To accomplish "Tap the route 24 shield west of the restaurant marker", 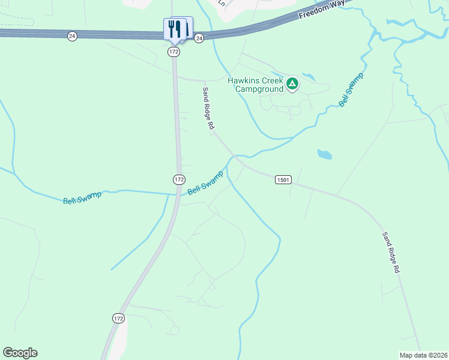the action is [72, 36].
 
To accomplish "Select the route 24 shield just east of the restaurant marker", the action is [199, 38].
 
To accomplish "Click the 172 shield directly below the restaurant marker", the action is [173, 52].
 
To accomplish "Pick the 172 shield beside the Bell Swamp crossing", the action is [179, 179].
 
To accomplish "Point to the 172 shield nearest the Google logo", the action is [118, 319].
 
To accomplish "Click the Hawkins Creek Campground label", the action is [255, 85].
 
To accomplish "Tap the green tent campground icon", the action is [292, 83].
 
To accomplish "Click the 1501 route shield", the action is [283, 179].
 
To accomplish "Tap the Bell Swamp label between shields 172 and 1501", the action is [205, 182].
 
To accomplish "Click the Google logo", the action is [20, 353].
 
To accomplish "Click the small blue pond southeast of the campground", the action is [324, 155].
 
